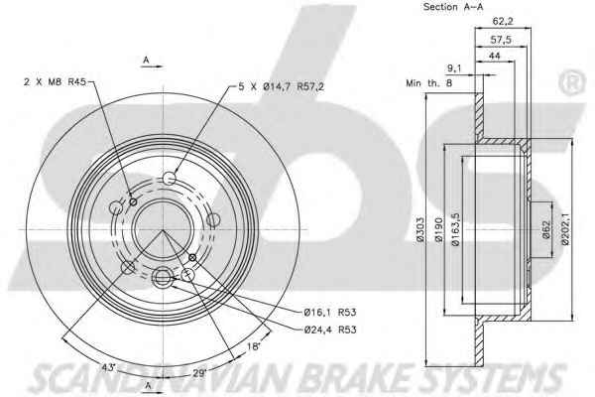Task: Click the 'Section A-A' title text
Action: pyautogui.click(x=453, y=7)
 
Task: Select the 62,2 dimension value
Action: pyautogui.click(x=503, y=22)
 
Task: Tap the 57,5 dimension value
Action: pyautogui.click(x=501, y=40)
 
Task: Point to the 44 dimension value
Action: pyautogui.click(x=495, y=56)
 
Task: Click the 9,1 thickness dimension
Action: pyautogui.click(x=454, y=68)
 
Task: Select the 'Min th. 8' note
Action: pyautogui.click(x=429, y=82)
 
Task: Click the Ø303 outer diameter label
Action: pyautogui.click(x=419, y=229)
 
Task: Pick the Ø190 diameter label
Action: pyautogui.click(x=439, y=229)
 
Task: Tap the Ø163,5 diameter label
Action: pyautogui.click(x=456, y=229)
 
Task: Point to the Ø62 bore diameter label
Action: pyautogui.click(x=545, y=229)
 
